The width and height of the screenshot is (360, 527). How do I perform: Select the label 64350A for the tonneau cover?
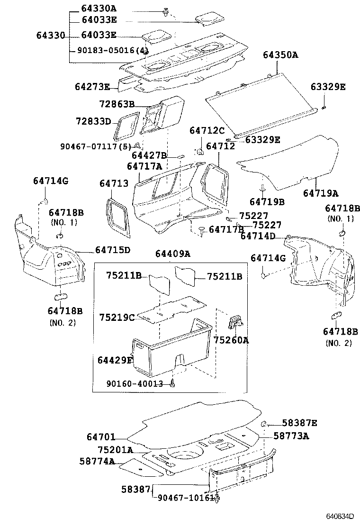280,55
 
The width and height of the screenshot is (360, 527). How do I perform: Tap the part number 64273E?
92,87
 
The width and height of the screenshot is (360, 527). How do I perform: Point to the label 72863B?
117,104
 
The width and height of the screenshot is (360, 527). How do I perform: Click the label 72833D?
93,122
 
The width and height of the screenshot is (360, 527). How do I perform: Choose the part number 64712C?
207,130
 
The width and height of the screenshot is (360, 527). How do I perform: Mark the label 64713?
114,183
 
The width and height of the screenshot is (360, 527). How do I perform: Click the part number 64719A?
321,193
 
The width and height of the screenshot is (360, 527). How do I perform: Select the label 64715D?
112,250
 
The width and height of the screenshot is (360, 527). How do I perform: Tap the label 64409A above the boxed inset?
172,254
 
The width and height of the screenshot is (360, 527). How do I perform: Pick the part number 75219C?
117,317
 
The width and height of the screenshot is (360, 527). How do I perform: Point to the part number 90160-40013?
135,384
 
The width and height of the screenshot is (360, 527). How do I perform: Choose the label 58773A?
291,436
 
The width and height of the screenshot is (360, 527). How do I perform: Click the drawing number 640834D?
339,516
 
